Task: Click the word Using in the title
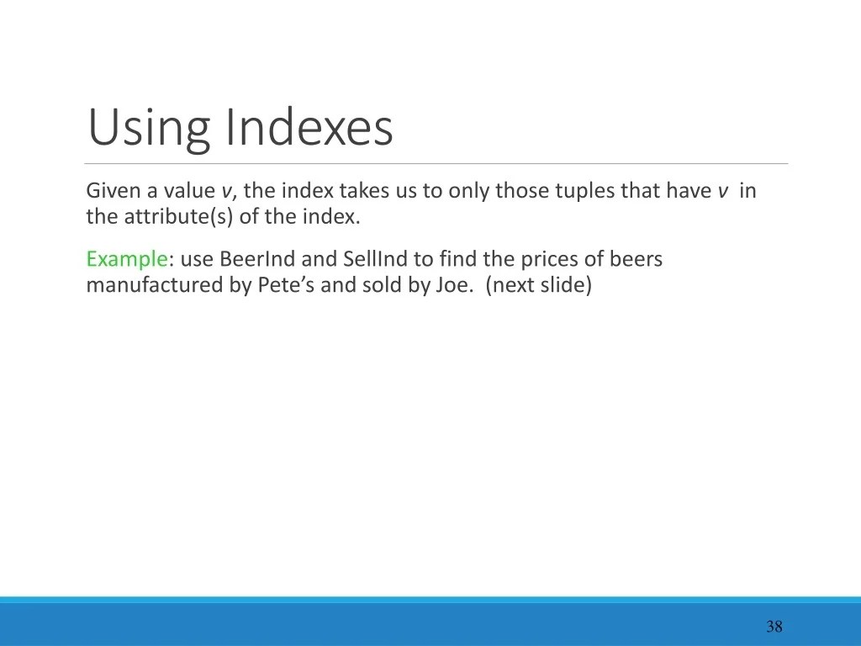(148, 128)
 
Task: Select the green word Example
(126, 260)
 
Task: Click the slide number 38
(774, 626)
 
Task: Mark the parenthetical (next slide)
(539, 285)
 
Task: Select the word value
(189, 191)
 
